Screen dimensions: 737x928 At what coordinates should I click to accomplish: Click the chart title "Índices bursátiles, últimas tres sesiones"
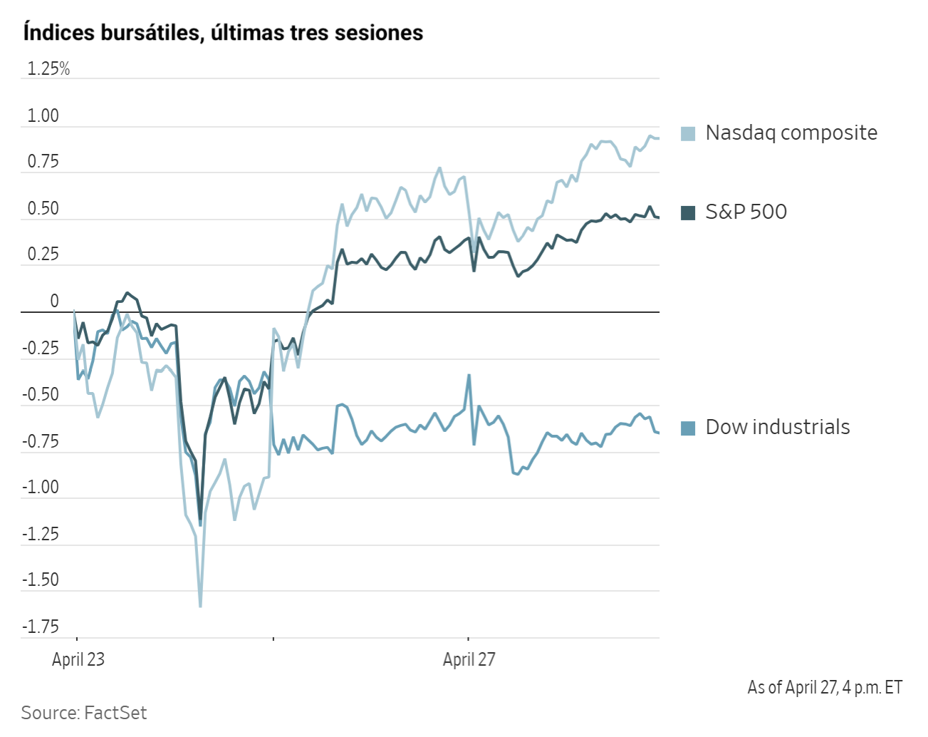click(223, 33)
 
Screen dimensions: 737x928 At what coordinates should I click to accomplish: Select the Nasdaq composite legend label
click(791, 133)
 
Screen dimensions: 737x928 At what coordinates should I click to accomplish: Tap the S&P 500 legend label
click(746, 212)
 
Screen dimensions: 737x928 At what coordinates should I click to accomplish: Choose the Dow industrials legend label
click(777, 428)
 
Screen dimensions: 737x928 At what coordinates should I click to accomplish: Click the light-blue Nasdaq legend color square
click(688, 134)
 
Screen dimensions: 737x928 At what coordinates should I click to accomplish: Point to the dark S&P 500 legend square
click(688, 213)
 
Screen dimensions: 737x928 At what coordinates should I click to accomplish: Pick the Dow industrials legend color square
click(688, 428)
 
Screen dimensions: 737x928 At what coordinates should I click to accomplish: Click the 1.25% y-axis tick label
click(48, 69)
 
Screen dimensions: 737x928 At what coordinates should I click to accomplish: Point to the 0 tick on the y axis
click(54, 301)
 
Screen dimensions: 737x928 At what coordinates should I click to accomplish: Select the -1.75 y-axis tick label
click(41, 627)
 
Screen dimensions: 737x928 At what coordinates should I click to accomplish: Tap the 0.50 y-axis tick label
click(43, 209)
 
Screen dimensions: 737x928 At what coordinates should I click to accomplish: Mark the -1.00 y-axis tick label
click(41, 488)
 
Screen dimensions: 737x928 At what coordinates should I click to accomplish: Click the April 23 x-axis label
click(78, 660)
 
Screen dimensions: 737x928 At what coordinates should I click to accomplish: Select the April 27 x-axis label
click(469, 660)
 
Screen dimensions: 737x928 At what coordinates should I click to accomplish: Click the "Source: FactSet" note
click(84, 713)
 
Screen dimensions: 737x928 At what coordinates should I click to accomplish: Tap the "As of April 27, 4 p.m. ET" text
click(825, 688)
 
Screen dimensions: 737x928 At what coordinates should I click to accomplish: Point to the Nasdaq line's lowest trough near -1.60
click(200, 607)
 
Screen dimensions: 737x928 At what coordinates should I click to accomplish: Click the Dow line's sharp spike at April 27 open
click(469, 375)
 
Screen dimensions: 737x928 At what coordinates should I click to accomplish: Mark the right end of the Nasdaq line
click(658, 138)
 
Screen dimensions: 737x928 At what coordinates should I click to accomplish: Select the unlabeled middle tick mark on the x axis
click(273, 639)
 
